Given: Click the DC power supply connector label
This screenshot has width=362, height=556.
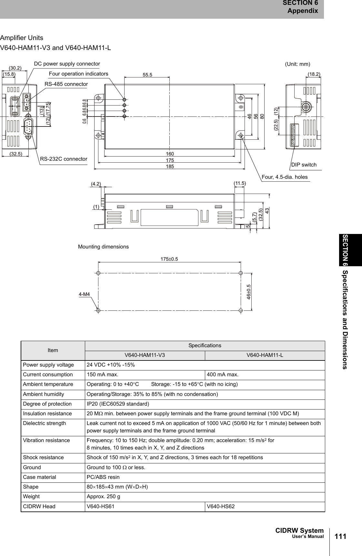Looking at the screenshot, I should [67, 64].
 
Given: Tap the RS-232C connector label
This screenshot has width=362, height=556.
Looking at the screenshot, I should [64, 159].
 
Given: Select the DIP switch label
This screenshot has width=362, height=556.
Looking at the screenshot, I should [304, 165].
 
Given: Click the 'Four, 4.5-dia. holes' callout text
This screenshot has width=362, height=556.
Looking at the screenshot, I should [285, 177].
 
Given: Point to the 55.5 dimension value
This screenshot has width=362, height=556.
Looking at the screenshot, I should [147, 75].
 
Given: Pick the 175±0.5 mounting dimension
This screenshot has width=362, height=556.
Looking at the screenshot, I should [170, 259].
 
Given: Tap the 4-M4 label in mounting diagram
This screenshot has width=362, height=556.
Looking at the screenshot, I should [84, 294].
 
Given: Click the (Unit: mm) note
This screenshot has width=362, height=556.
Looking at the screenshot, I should [297, 64].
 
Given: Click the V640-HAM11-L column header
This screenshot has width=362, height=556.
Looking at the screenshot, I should [265, 355].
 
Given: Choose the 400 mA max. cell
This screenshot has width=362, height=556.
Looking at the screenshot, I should [223, 375].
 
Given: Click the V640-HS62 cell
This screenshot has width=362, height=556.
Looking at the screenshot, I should [220, 506].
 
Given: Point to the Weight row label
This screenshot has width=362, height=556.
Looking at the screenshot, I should [31, 496].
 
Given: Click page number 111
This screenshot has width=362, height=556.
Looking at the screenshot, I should [340, 537].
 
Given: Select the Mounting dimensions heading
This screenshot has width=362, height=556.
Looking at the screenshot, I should [103, 247].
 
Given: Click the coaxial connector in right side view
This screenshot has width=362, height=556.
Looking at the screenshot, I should [305, 107].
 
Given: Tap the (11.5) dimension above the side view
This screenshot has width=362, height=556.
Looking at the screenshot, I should [239, 183].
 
